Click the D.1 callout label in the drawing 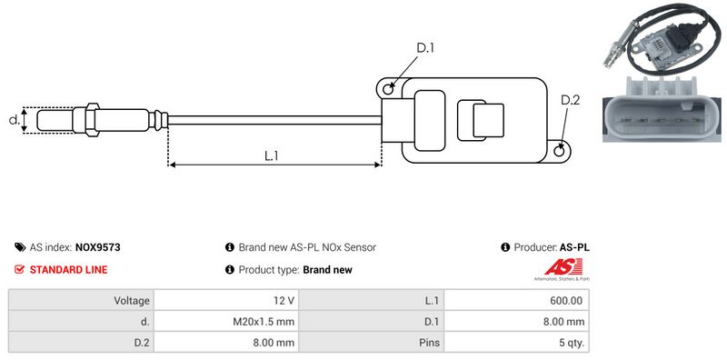point(425,48)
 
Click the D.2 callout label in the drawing point(571,100)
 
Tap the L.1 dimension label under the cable point(271,155)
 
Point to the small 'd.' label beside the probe point(15,119)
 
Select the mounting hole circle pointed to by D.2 point(560,150)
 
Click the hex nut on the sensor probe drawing point(92,120)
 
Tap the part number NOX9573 point(98,247)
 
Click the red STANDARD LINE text point(69,269)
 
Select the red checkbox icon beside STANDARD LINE point(19,269)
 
